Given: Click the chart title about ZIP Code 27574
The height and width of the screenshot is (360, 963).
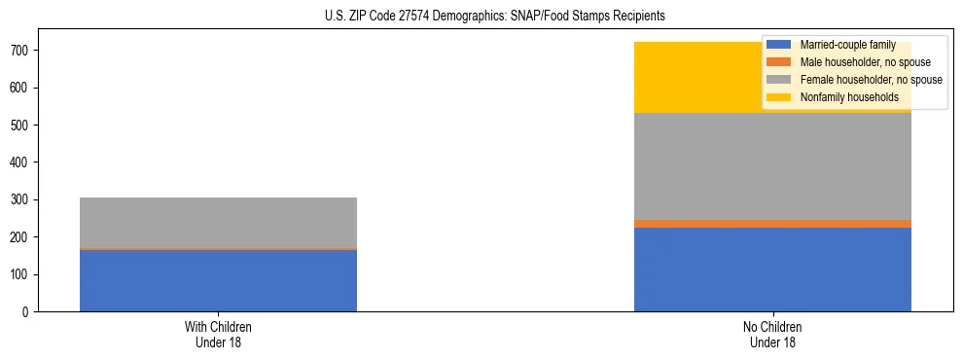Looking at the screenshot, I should click(495, 17).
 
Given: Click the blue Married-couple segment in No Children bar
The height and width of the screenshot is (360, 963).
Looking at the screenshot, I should click(772, 270).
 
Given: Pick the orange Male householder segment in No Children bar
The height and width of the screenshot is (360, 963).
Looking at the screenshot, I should click(772, 224).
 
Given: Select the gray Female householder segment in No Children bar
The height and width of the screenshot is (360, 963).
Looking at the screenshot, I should click(772, 166).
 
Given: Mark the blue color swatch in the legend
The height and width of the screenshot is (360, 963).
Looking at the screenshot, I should click(779, 45).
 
